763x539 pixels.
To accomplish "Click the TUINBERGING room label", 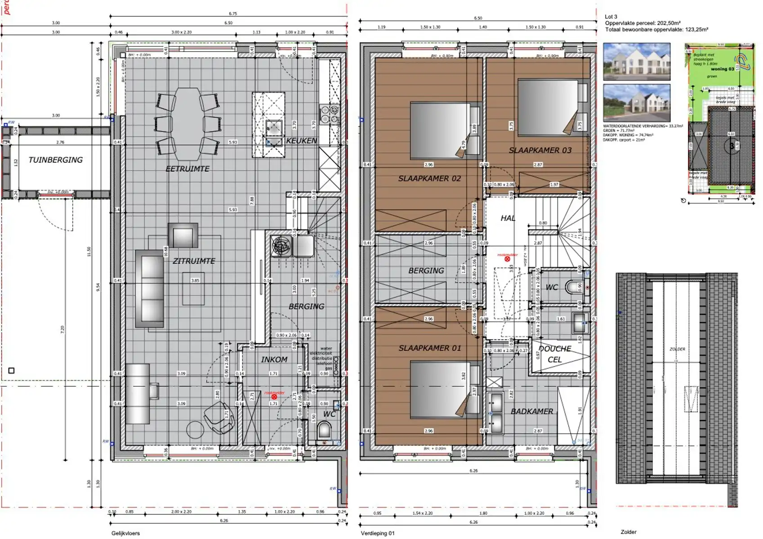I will pyautogui.click(x=55, y=160).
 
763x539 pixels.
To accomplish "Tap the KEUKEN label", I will pyautogui.click(x=301, y=141).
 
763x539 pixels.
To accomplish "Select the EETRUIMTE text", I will pyautogui.click(x=187, y=169).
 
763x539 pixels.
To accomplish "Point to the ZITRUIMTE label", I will pyautogui.click(x=194, y=261).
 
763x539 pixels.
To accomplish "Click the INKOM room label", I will pyautogui.click(x=274, y=359).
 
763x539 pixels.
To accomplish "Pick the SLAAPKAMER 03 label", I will pyautogui.click(x=540, y=150).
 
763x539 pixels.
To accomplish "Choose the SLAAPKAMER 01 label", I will pyautogui.click(x=429, y=348).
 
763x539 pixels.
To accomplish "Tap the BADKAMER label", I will pyautogui.click(x=531, y=411).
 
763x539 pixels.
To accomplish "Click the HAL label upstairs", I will pyautogui.click(x=508, y=218).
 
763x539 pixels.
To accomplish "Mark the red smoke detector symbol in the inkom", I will pyautogui.click(x=274, y=397).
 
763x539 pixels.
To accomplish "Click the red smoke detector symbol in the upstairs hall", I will pyautogui.click(x=507, y=259).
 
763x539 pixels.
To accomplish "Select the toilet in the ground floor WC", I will pyautogui.click(x=325, y=430).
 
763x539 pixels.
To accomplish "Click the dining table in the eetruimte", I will pyautogui.click(x=187, y=124).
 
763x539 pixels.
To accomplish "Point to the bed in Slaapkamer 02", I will pyautogui.click(x=441, y=130).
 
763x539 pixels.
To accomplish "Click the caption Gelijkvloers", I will pyautogui.click(x=125, y=533).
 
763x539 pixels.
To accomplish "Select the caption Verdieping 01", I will pyautogui.click(x=377, y=533).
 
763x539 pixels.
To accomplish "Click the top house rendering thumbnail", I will pyautogui.click(x=636, y=62).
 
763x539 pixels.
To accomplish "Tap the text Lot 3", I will pyautogui.click(x=611, y=17).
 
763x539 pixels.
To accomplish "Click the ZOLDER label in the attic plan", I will pyautogui.click(x=677, y=349).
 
